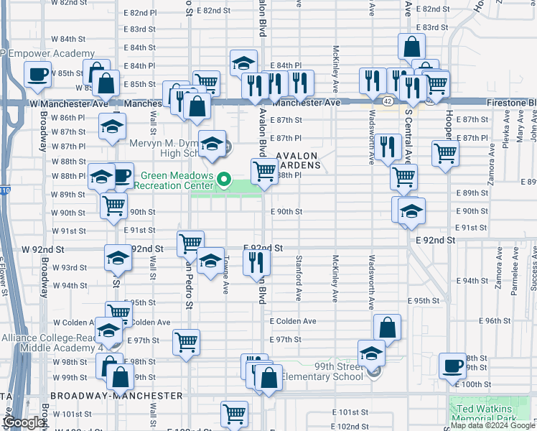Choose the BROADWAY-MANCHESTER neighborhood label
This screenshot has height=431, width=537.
coord(116,396)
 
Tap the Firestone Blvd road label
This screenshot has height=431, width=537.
coord(511,103)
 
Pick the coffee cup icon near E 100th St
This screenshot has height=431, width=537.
coord(452,365)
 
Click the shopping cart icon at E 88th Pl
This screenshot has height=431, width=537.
coord(264,171)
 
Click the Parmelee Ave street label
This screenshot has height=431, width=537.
coord(515,277)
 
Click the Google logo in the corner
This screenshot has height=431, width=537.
coord(24,422)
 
